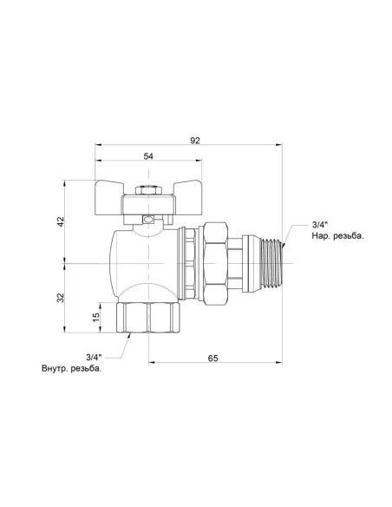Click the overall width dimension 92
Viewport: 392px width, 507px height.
195,141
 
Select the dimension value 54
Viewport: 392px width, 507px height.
148,156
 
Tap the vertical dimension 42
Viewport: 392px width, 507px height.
61,221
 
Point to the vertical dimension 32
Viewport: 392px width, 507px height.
61,298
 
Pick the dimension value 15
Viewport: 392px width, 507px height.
96,318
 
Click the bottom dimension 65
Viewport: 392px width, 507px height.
212,359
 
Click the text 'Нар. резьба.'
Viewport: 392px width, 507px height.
337,236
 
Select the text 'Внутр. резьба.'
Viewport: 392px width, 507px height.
71,369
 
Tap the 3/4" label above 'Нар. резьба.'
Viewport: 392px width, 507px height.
320,224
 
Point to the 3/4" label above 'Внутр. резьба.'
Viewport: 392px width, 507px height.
94,357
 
